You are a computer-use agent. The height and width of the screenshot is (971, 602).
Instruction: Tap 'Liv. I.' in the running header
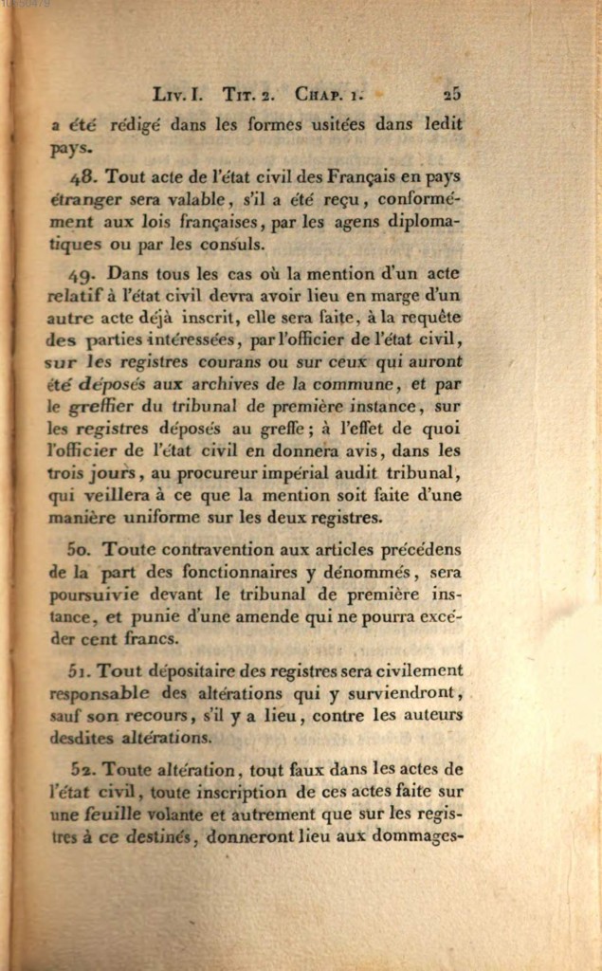tap(177, 95)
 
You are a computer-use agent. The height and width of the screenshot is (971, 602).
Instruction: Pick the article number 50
tap(81, 549)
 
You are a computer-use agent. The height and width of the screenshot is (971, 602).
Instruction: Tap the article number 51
tap(80, 670)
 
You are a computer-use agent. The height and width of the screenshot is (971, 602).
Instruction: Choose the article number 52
tap(82, 769)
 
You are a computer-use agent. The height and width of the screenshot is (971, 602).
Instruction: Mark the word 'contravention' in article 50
tap(213, 549)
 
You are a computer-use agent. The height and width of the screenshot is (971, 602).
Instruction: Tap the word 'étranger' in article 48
tap(84, 200)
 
